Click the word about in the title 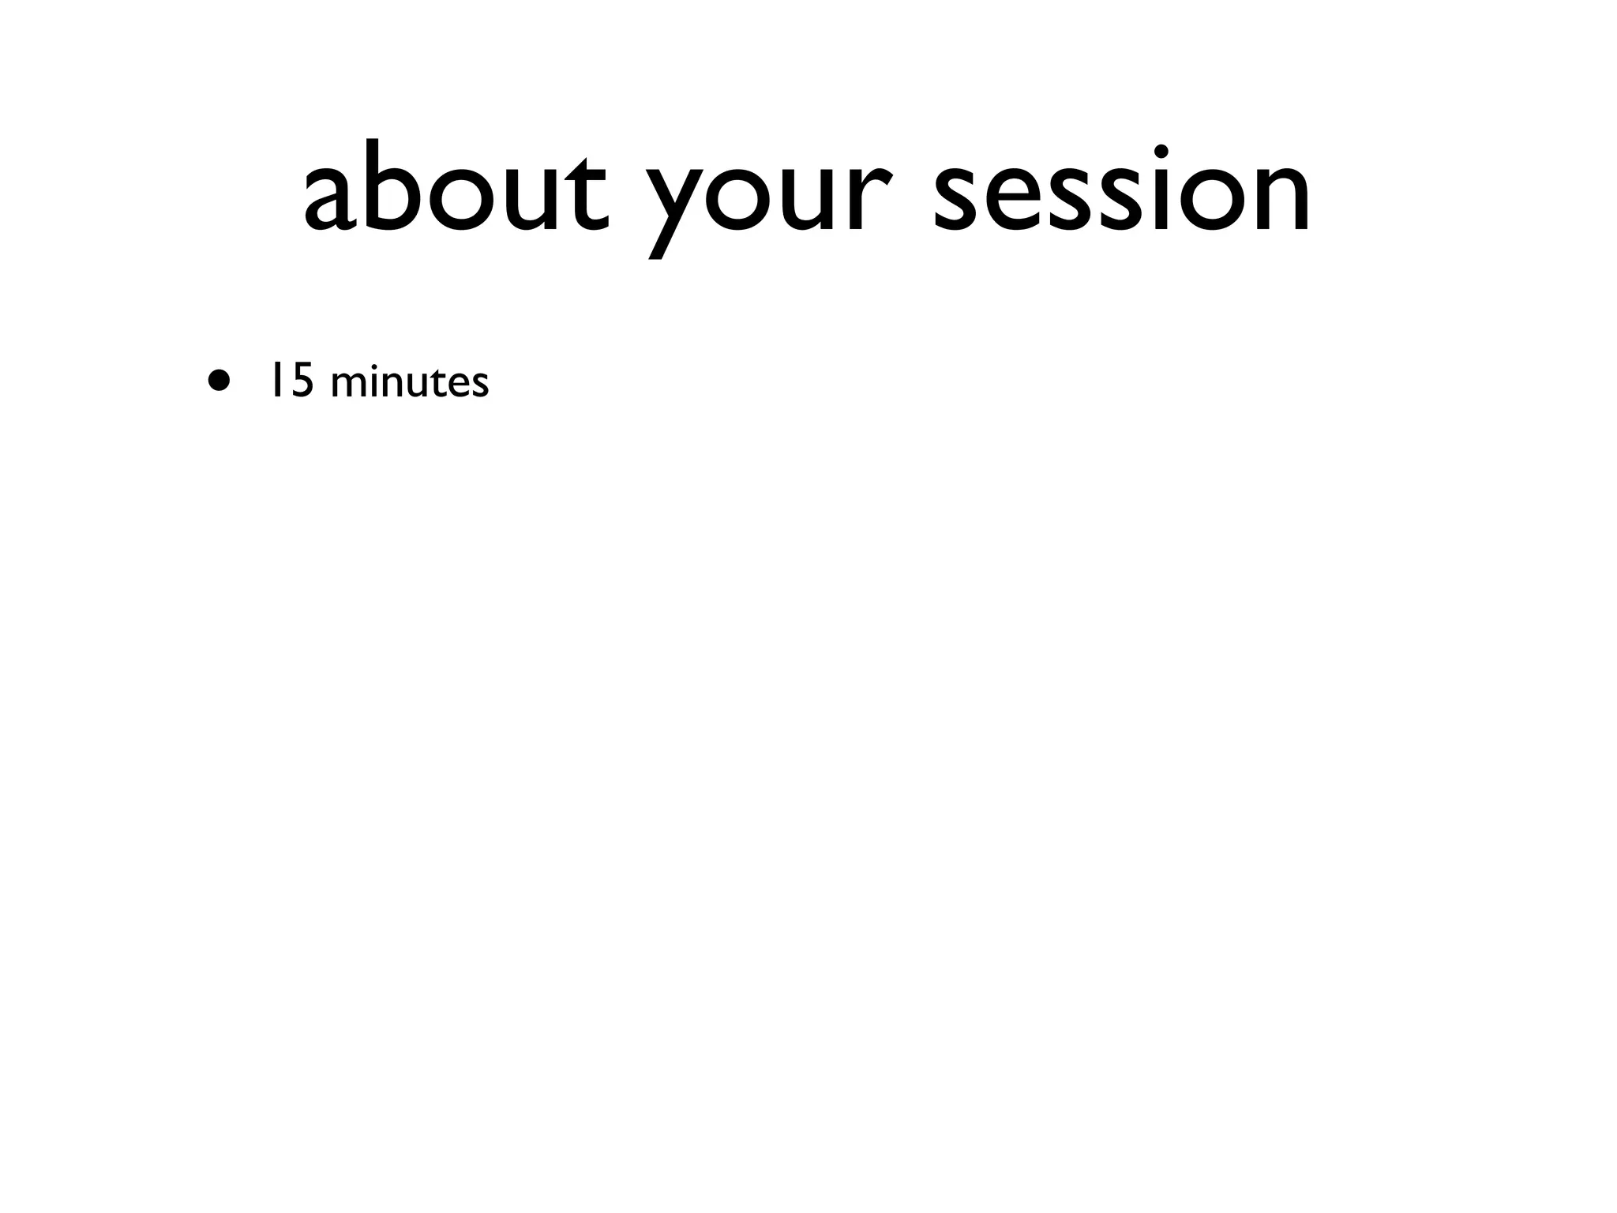(x=456, y=190)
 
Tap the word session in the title (x=1121, y=190)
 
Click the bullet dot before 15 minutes (x=220, y=381)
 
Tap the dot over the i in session (x=1161, y=152)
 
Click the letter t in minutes (x=438, y=383)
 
